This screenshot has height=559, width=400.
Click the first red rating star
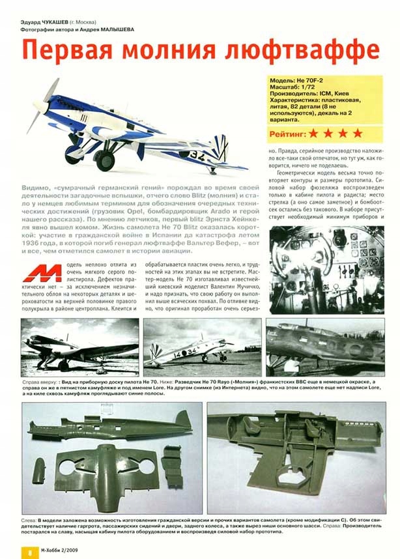pyautogui.click(x=315, y=133)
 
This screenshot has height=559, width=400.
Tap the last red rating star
pyautogui.click(x=358, y=133)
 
